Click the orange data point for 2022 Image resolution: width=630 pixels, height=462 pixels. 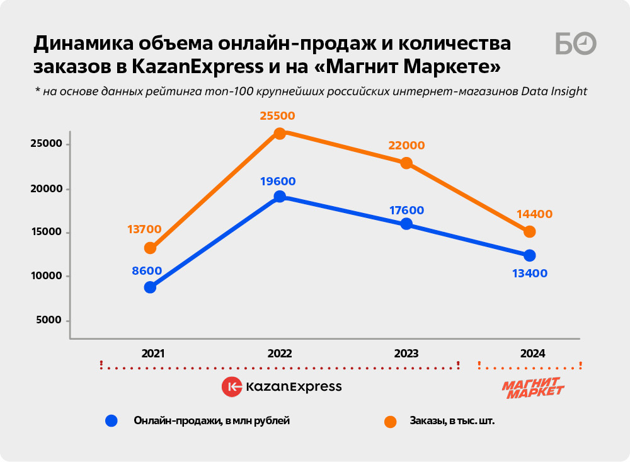point(280,133)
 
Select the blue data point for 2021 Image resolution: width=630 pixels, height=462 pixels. point(150,287)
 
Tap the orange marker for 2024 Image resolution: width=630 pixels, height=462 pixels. point(530,232)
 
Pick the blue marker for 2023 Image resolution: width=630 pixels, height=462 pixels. point(406,224)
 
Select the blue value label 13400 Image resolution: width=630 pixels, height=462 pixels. point(530,274)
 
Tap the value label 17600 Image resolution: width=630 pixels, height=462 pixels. point(406,211)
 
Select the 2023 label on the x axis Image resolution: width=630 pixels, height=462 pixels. point(406,354)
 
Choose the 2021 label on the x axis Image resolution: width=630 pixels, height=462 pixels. point(153,354)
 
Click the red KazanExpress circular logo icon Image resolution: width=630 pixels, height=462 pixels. point(232,386)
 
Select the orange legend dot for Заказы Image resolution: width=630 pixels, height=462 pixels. point(390,421)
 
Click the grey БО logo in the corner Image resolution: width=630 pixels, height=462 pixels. point(575,43)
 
